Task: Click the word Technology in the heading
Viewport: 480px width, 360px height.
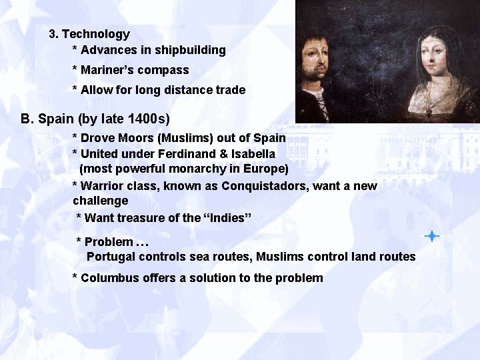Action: (x=95, y=33)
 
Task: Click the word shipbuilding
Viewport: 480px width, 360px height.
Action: (x=192, y=50)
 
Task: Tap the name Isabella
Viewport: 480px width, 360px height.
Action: (x=251, y=154)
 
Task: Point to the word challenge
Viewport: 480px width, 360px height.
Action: (x=100, y=201)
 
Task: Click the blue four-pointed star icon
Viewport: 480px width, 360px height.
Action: (x=432, y=235)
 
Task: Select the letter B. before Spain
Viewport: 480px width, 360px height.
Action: (x=27, y=119)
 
